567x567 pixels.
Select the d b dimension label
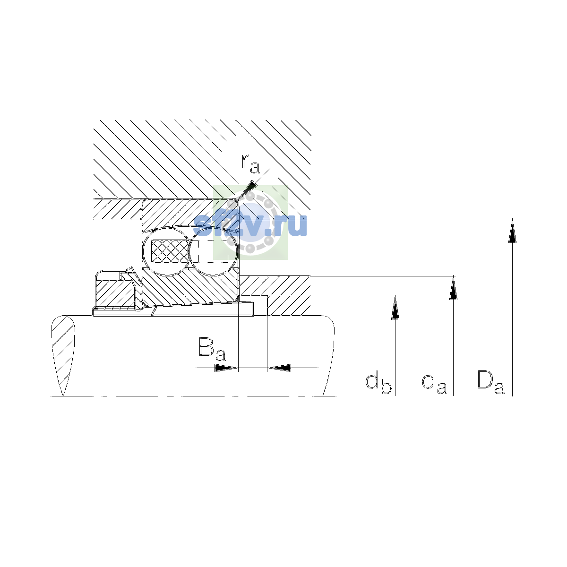(x=378, y=383)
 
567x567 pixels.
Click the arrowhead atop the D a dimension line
(x=512, y=231)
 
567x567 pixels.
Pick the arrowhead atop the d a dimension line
(x=454, y=288)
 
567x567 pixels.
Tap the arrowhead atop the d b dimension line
(x=395, y=308)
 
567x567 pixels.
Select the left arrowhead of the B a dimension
(x=226, y=368)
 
